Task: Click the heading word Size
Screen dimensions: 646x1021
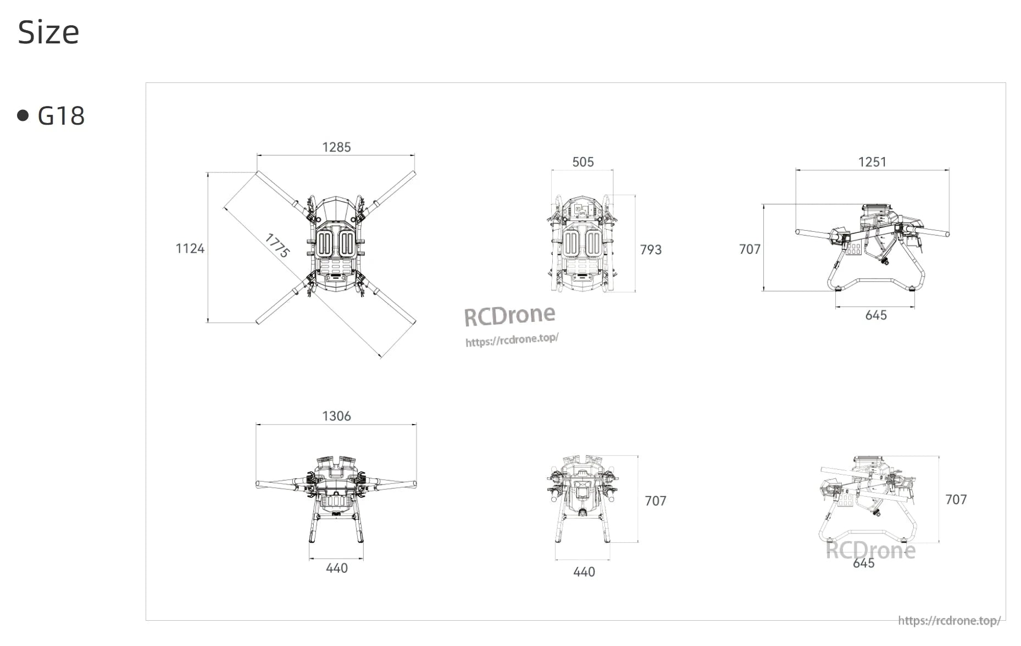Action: pos(48,32)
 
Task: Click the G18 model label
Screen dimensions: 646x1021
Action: pos(61,116)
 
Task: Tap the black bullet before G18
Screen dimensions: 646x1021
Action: pos(23,115)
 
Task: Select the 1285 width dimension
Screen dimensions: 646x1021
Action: pos(336,147)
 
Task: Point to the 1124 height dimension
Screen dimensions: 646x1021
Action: pos(190,249)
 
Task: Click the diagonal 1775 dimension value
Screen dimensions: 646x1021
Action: pos(278,246)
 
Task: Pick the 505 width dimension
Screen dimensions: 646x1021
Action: pos(583,162)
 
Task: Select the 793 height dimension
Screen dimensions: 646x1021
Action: pos(651,250)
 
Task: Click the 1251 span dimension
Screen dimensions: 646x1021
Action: pos(872,162)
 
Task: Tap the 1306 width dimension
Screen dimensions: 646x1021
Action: pos(336,416)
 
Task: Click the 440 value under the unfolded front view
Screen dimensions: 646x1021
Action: pos(336,569)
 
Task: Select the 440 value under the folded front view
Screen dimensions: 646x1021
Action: pos(584,572)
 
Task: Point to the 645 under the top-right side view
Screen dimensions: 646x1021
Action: pos(876,315)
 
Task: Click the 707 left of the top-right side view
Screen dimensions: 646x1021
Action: pos(750,249)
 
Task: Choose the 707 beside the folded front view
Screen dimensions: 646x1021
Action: pos(655,501)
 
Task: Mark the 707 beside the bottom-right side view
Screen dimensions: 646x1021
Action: pos(956,500)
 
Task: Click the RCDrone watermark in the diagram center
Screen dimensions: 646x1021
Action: pos(509,315)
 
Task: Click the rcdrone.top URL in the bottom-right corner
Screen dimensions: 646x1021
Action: pos(949,621)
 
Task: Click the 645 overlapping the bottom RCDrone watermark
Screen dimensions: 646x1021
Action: pos(863,564)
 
